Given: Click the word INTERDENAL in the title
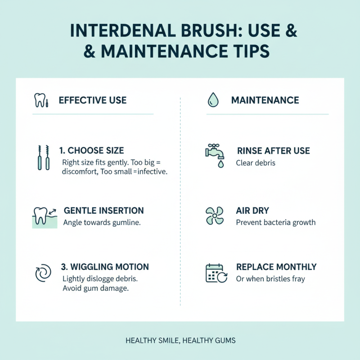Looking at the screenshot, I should tap(120, 33).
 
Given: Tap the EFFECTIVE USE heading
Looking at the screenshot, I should tap(93, 100).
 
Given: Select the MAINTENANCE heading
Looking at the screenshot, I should tap(265, 100).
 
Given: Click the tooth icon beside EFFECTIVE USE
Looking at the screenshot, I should tap(41, 100).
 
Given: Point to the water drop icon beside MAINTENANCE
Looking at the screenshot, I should tap(213, 100).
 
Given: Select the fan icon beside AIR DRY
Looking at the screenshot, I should tap(214, 216).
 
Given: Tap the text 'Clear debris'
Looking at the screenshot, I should tap(256, 162).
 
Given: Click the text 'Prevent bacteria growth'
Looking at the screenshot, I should tap(275, 222).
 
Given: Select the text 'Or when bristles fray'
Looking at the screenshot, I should tap(270, 279).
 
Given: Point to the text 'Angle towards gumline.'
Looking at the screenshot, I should tap(102, 222).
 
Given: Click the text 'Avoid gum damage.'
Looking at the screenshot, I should tap(96, 288).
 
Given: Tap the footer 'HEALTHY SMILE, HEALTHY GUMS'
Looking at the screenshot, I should tap(180, 341).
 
